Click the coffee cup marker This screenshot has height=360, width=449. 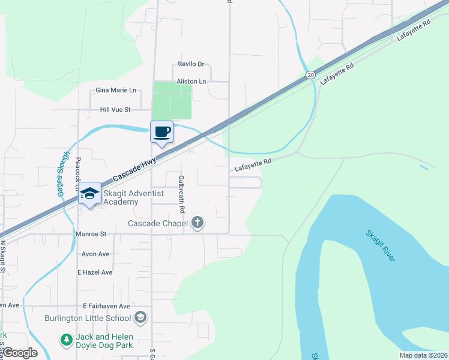(161, 131)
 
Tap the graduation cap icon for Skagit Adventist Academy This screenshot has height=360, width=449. (89, 193)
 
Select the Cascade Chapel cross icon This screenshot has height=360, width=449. (197, 223)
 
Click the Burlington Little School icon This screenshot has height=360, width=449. (140, 317)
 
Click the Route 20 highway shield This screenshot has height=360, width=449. (310, 74)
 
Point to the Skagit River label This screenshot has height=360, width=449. (381, 245)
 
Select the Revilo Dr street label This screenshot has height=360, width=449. (191, 64)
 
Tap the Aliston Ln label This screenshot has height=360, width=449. (191, 81)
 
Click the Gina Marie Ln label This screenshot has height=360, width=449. (116, 90)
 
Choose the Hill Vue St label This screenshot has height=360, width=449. (115, 110)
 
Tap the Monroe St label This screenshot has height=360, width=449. (91, 234)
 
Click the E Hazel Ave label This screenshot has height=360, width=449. (95, 272)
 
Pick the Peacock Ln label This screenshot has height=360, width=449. (78, 174)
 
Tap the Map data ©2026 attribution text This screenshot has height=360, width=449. (423, 355)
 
